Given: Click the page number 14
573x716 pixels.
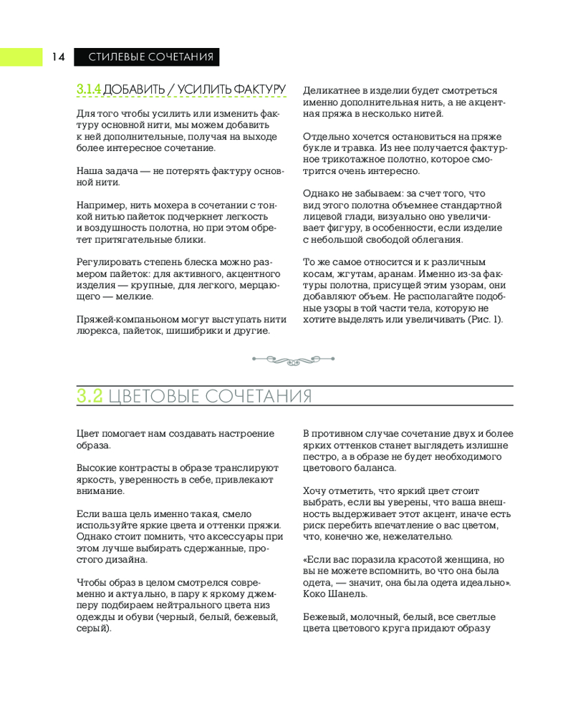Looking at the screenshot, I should (58, 57).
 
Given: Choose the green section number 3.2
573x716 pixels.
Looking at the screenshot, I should (90, 397).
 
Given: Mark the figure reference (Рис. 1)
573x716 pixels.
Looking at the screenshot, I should (486, 319).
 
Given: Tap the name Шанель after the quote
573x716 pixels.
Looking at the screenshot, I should (348, 594).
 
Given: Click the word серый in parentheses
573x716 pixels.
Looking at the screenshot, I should (92, 628).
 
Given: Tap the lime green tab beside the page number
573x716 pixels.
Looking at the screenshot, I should (21, 57).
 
